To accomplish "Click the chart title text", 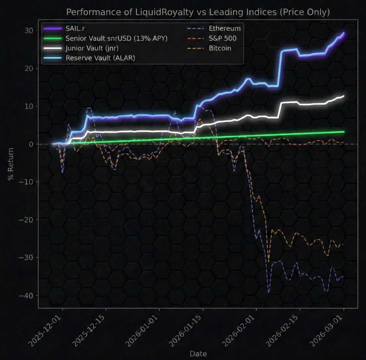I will tap(198, 12).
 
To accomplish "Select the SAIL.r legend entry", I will tap(75, 29).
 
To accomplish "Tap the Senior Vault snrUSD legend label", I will tap(116, 38).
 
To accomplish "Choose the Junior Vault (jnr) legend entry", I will tap(92, 48).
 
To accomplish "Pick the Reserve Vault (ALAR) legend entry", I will tap(100, 58).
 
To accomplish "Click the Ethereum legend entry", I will tap(224, 29).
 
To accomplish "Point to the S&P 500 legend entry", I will tap(222, 38).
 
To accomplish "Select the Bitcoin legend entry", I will tap(220, 48).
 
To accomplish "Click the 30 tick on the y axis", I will tap(29, 31).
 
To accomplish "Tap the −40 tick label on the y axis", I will tap(26, 296).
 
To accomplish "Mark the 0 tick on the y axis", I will tap(31, 144).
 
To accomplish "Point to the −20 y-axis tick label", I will tap(26, 220).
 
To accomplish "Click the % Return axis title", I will tap(11, 164).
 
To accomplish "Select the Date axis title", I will tap(198, 354).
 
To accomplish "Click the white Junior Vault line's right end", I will tap(343, 96).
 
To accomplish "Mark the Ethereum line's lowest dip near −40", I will tap(268, 292).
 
